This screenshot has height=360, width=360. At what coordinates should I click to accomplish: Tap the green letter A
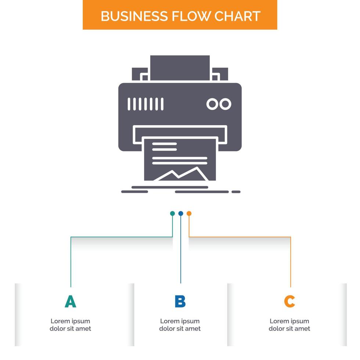click(x=71, y=302)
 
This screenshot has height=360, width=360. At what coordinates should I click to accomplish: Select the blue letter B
click(x=180, y=302)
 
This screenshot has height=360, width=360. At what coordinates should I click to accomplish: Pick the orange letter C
click(x=289, y=302)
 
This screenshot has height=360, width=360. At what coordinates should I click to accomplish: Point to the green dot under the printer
click(x=172, y=213)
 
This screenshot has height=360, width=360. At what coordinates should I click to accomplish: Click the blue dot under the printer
click(x=180, y=213)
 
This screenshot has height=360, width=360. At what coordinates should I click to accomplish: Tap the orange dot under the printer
click(x=189, y=213)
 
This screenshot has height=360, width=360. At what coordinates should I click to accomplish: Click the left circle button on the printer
click(x=212, y=104)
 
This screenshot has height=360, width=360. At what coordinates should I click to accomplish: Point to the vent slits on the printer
click(x=145, y=104)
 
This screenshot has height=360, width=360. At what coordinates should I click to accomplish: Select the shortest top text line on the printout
click(x=164, y=144)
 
